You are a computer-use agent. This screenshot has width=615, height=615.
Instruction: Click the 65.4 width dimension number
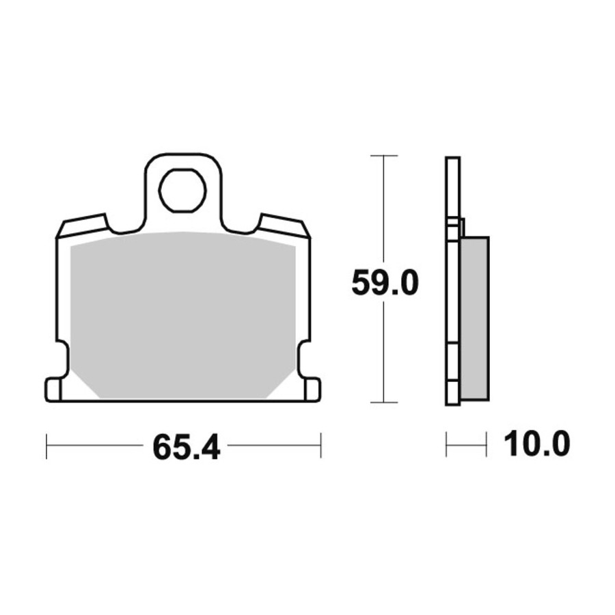[187, 447]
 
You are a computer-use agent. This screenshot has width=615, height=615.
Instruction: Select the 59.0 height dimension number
[385, 282]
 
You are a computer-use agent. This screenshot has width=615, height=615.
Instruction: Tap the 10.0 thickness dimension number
[536, 443]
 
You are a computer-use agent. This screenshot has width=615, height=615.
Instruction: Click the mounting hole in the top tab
[182, 191]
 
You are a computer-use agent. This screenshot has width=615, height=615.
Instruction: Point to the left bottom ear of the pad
[53, 389]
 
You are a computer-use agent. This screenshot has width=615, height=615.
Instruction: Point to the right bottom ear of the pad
[312, 389]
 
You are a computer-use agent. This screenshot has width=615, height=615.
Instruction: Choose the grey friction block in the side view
[475, 318]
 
